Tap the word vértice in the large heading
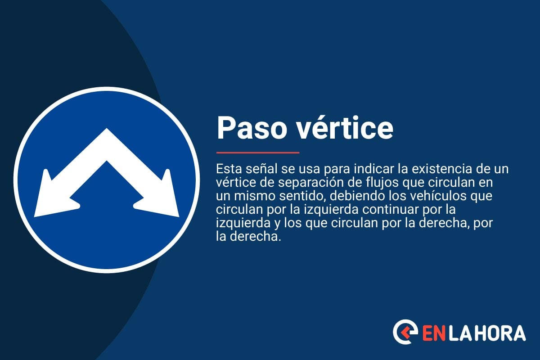(x=340, y=128)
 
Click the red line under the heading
(x=257, y=153)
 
